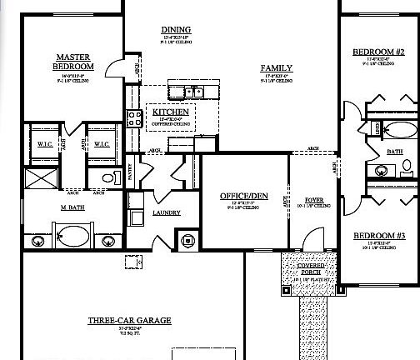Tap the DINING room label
click(175, 30)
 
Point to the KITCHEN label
click(170, 112)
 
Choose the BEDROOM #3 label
click(378, 235)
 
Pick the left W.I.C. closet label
click(46, 144)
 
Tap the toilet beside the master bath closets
click(106, 178)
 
